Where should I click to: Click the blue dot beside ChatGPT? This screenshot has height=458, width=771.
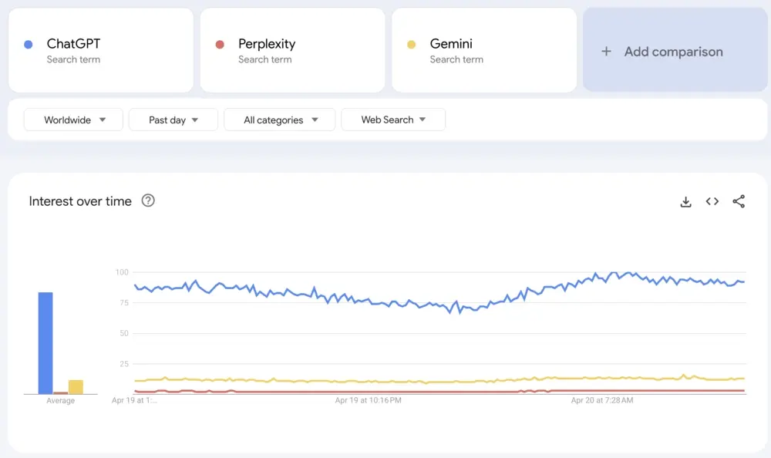tap(29, 45)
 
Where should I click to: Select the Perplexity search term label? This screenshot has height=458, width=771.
tap(267, 44)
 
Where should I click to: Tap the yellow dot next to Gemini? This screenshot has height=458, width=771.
tap(412, 45)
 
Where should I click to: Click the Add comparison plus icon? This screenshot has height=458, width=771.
tap(606, 52)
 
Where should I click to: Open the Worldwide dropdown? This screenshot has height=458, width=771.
tap(73, 120)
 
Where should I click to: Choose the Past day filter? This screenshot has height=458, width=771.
tap(173, 120)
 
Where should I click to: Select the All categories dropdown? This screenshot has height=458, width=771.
tap(279, 120)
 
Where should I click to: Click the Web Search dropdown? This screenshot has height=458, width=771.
tap(392, 120)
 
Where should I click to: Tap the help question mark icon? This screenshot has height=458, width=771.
tap(148, 200)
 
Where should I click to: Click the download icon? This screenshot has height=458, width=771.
tap(685, 202)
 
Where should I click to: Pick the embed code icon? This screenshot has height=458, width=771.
tap(712, 201)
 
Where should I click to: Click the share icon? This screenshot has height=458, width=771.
tap(739, 201)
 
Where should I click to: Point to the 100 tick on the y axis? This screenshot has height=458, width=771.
tap(122, 272)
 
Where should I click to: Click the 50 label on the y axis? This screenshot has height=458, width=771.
tap(123, 333)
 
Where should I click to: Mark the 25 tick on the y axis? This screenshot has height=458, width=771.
tap(123, 364)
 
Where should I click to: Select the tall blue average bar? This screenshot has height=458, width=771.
tap(45, 343)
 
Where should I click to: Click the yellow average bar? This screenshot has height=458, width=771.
tap(76, 386)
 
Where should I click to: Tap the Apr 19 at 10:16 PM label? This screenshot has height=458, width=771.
tap(368, 401)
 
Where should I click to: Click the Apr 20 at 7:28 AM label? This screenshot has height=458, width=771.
tap(602, 401)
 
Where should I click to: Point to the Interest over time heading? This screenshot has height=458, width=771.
tap(80, 201)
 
